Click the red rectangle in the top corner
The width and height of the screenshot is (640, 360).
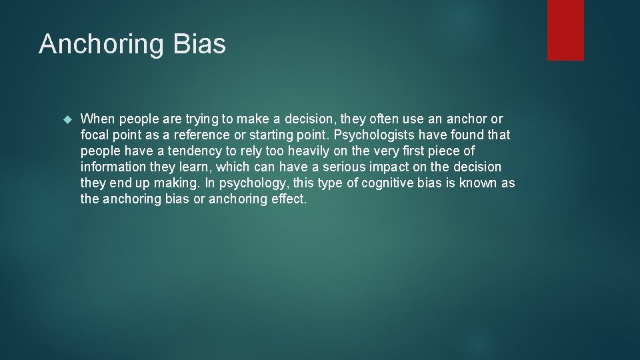tap(565, 30)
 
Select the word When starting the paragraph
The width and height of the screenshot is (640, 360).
tap(97, 119)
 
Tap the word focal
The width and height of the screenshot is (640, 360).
tap(95, 135)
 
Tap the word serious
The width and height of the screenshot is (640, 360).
tap(346, 167)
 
